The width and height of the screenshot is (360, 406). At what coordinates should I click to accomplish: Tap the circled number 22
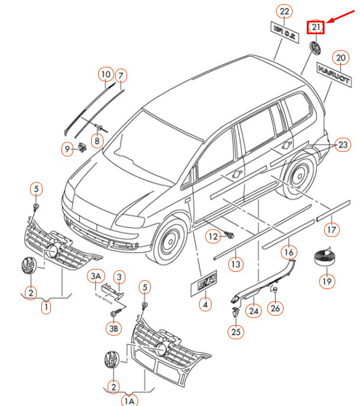pyautogui.click(x=285, y=11)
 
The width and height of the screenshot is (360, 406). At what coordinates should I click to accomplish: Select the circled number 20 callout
pyautogui.click(x=340, y=58)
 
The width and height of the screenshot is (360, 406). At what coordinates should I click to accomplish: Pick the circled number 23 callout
pyautogui.click(x=343, y=145)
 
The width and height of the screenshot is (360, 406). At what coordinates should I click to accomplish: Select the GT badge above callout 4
pyautogui.click(x=204, y=285)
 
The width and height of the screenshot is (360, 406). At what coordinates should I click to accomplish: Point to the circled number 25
pyautogui.click(x=236, y=332)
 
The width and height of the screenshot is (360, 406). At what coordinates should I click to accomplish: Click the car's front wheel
pyautogui.click(x=171, y=242)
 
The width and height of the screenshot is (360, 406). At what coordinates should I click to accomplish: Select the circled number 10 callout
pyautogui.click(x=105, y=75)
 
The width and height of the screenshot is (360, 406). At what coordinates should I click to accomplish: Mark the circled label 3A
pyautogui.click(x=96, y=276)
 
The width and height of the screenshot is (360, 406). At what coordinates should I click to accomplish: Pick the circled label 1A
pyautogui.click(x=129, y=400)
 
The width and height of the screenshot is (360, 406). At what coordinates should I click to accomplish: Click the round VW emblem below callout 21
pyautogui.click(x=316, y=48)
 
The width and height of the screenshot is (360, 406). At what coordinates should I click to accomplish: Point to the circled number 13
pyautogui.click(x=236, y=264)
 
